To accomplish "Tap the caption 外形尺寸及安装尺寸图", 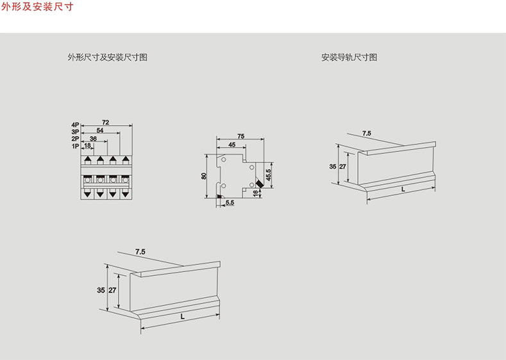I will [108, 57].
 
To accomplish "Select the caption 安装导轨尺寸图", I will [349, 57].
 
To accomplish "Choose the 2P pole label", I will [75, 138].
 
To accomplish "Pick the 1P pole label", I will [75, 146].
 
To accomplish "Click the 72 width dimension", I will [105, 122].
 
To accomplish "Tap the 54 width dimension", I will [99, 130].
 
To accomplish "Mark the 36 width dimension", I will [94, 138].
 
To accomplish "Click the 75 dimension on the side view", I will [240, 135].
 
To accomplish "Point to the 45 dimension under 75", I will [232, 144].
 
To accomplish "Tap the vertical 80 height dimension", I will [204, 176].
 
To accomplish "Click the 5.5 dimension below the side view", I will [230, 203].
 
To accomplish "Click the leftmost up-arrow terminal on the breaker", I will [87, 159].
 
